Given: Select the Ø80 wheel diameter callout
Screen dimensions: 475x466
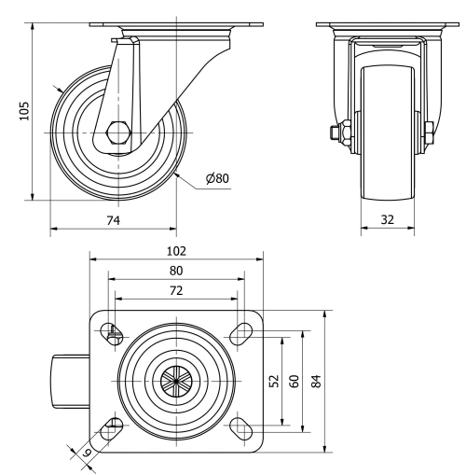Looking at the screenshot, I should pyautogui.click(x=216, y=178).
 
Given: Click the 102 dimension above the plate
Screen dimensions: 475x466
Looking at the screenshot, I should pyautogui.click(x=176, y=250).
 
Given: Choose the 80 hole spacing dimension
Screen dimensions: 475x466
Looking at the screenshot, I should pyautogui.click(x=176, y=270).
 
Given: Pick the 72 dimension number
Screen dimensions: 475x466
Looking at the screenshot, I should pyautogui.click(x=176, y=290).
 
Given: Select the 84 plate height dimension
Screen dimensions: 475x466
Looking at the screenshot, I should pyautogui.click(x=317, y=381).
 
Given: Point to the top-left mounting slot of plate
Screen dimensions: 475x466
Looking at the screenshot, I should pyautogui.click(x=113, y=330).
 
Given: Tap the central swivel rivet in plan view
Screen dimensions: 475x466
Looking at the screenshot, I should pyautogui.click(x=176, y=380).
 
